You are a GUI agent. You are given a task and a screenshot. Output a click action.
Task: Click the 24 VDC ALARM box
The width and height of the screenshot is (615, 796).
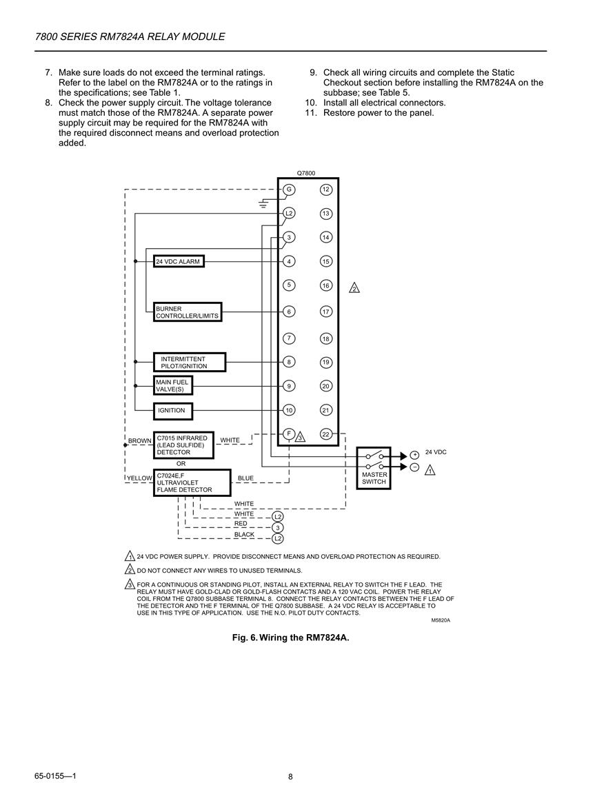[179, 261]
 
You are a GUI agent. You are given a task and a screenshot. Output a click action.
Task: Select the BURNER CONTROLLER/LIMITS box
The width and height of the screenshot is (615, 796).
[188, 312]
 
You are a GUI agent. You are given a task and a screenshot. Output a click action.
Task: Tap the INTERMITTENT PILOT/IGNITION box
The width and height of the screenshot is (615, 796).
[190, 363]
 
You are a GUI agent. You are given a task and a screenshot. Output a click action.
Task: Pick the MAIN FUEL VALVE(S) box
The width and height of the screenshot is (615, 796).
[173, 386]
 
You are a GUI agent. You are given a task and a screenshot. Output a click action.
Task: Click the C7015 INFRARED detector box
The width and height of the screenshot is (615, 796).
[183, 445]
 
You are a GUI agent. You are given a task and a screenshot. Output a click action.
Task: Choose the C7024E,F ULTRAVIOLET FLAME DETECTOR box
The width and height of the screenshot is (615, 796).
[192, 483]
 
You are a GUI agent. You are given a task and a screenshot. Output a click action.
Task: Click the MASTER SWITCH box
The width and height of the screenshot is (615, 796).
[374, 468]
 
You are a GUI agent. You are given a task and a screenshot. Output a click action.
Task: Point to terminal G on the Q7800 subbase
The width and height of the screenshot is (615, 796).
[289, 190]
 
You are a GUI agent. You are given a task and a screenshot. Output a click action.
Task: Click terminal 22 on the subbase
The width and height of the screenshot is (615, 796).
[326, 434]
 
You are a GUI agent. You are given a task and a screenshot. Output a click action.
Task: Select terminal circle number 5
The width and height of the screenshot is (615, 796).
[289, 285]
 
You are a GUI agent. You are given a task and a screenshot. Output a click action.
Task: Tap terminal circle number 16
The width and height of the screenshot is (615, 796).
[326, 286]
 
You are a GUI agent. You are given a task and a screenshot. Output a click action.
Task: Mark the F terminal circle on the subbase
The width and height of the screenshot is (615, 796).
[289, 433]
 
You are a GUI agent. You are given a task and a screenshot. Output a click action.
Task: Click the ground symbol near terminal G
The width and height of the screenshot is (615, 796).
[263, 204]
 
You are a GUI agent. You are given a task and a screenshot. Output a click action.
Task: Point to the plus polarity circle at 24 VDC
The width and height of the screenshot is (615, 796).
[414, 455]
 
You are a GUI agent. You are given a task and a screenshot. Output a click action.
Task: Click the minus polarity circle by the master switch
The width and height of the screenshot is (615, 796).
[414, 467]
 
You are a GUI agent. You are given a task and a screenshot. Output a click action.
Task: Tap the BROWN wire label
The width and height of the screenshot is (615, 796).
[140, 440]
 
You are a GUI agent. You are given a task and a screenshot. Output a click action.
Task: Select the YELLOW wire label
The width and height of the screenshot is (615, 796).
[139, 478]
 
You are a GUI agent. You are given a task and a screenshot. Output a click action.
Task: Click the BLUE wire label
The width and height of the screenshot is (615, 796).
[246, 478]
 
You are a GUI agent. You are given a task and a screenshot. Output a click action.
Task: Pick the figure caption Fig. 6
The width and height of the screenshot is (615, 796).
[290, 637]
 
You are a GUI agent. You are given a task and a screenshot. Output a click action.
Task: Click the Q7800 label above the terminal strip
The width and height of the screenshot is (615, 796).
[305, 173]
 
